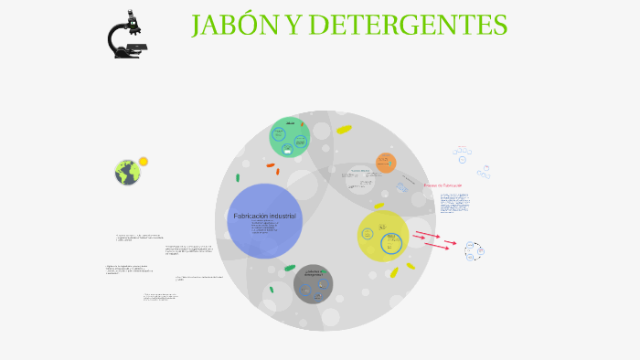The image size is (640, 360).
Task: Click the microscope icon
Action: coord(128,35)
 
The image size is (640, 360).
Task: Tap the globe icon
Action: coord(127,172)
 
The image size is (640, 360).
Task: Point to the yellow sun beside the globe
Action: coord(144,162)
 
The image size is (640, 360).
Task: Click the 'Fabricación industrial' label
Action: coord(265,216)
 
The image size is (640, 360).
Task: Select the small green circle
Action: coord(290,137)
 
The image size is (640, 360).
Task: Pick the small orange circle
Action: coord(386,163)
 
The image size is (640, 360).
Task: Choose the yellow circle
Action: coord(383,236)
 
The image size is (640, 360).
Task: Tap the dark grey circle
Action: coord(314,283)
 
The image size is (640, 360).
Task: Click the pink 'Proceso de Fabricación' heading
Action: coord(443,185)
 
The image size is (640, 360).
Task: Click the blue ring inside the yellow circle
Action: coord(391,244)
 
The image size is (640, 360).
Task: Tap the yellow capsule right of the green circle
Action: coord(344,130)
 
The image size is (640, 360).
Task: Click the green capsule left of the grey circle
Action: coord(290,268)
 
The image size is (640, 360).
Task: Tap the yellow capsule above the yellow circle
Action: coord(379,206)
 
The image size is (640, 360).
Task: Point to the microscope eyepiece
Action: coord(133,15)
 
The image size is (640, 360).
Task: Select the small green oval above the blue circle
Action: coord(238,177)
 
